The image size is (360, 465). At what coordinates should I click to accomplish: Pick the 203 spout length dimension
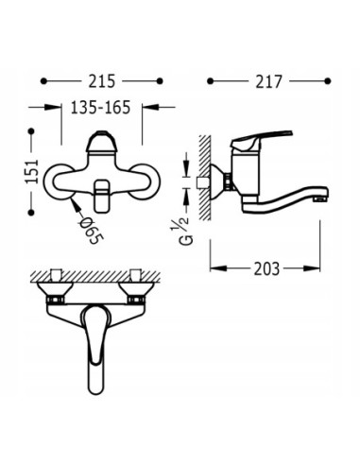click(x=267, y=267)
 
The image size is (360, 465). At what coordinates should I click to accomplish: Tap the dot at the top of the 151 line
click(x=33, y=130)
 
